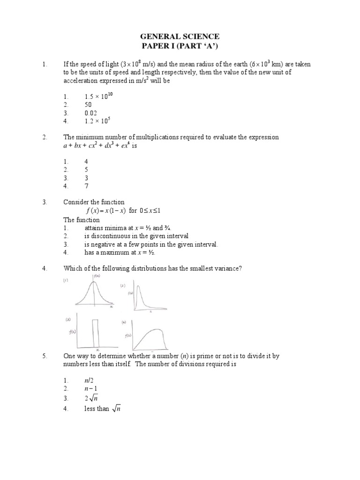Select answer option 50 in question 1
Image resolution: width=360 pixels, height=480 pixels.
(89, 105)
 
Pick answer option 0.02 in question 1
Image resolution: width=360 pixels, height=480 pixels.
(90, 113)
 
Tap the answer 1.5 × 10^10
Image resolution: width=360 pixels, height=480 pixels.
(98, 96)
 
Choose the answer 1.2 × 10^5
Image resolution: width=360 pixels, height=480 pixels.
(97, 121)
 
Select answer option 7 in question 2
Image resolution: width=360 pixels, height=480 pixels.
(86, 186)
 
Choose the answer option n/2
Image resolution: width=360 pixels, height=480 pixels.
(90, 381)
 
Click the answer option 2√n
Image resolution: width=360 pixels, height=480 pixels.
(92, 398)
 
